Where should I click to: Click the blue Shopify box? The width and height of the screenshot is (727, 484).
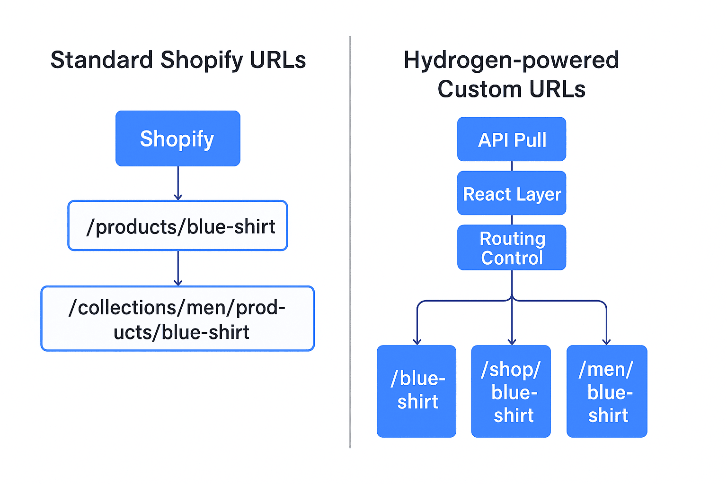click(178, 138)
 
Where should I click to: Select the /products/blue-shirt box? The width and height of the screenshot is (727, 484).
click(178, 225)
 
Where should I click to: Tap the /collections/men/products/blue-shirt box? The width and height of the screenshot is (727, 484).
click(177, 319)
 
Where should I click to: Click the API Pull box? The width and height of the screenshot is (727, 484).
click(512, 139)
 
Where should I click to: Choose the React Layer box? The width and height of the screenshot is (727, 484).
click(512, 193)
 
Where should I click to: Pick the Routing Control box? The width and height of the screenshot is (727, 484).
click(512, 247)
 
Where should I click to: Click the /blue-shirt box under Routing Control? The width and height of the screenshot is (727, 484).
click(417, 391)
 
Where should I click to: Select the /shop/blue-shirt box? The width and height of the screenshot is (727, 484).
click(511, 391)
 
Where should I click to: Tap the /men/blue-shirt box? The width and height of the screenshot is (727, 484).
click(607, 391)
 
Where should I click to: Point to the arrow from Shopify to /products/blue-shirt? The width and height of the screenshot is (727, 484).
click(178, 183)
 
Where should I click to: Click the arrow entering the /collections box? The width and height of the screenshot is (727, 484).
click(178, 268)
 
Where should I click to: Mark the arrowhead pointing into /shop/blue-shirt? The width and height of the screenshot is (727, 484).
click(512, 342)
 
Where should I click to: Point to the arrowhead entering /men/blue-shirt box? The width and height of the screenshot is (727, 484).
click(606, 342)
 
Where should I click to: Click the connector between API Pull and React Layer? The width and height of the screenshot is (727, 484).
click(512, 166)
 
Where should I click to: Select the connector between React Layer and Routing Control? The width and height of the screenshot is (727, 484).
click(512, 220)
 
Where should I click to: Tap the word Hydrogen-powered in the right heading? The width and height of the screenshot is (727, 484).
click(512, 60)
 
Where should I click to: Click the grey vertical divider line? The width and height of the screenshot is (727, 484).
click(350, 242)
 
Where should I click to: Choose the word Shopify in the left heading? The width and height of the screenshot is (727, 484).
click(202, 60)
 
